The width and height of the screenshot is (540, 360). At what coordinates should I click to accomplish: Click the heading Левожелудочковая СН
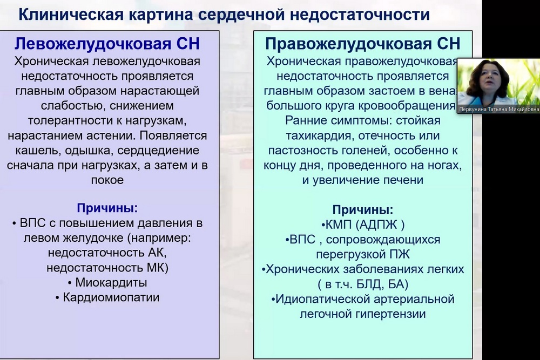[x=107, y=44]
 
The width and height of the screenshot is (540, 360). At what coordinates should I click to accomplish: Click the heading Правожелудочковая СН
[x=363, y=44]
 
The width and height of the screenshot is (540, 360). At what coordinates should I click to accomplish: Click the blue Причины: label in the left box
[x=107, y=208]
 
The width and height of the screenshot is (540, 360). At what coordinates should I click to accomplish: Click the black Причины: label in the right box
[x=363, y=209]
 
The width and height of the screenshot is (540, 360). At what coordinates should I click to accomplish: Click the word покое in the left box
[x=107, y=180]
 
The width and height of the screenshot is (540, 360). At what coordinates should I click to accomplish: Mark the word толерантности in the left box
[x=70, y=121]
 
